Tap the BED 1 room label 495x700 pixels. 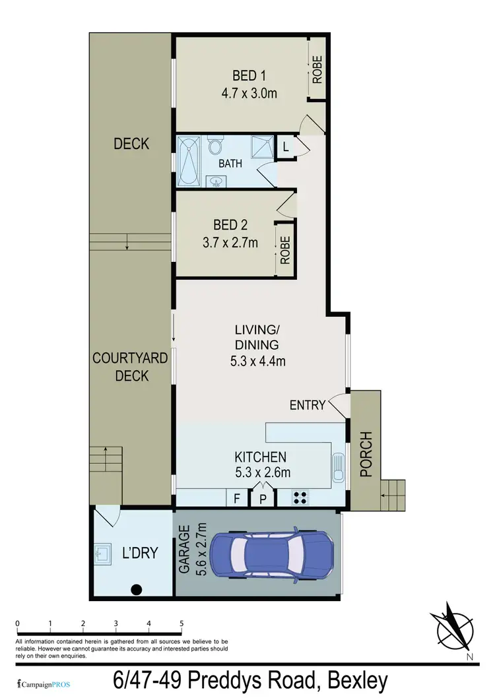pos(249,75)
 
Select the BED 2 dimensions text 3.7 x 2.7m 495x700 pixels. pos(231,242)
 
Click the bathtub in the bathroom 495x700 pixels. pos(189,162)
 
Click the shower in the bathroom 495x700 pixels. pos(263,146)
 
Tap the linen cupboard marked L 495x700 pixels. pos(285,147)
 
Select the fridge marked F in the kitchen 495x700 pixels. pos(236,499)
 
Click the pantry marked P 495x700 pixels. pos(262,499)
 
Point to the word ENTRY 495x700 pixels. pos(308,405)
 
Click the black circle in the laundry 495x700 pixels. pos(137,589)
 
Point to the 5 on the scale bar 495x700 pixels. pos(181,623)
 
